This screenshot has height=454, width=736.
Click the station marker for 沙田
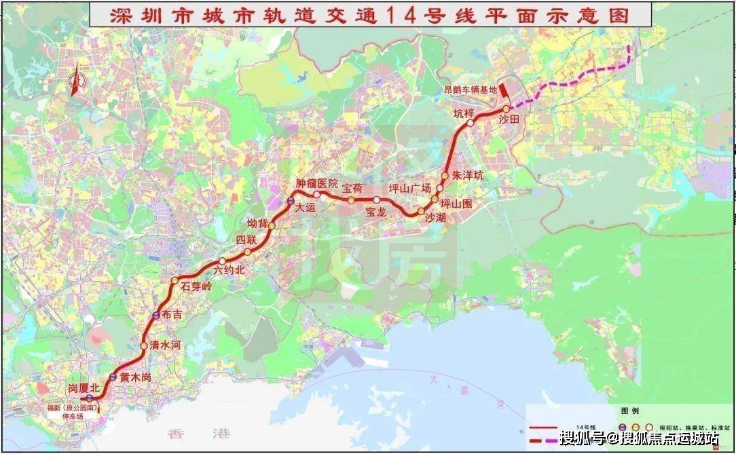[506, 109]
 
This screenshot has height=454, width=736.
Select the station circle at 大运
[290, 202]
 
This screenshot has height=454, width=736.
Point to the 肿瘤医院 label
[317, 183]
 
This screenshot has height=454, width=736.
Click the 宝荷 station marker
[351, 200]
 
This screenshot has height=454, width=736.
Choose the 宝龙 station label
[375, 212]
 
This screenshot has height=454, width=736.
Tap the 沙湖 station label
[435, 217]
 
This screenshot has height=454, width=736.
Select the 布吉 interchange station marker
[155, 315]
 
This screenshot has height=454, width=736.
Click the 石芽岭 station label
[197, 286]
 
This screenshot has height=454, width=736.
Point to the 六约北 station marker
[222, 261]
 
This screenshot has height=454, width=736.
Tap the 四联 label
[246, 239]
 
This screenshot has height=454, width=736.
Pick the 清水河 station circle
[143, 346]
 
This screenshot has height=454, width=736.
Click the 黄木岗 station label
[134, 377]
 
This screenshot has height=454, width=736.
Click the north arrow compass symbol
[76, 81]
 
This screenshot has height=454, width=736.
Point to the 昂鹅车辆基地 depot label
[471, 90]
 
